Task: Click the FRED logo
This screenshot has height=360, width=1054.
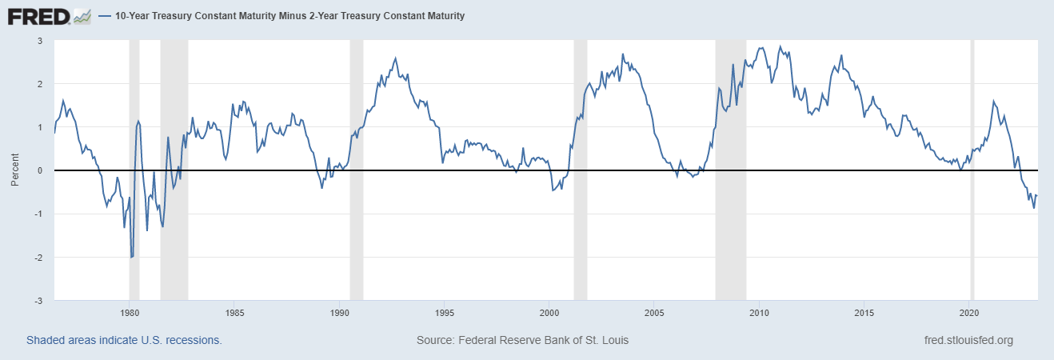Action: click(38, 15)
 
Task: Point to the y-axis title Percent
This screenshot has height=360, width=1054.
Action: click(15, 170)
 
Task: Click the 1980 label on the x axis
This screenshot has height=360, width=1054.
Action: click(130, 312)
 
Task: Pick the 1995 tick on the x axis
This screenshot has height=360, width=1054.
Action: click(445, 312)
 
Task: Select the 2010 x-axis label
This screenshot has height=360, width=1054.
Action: click(760, 312)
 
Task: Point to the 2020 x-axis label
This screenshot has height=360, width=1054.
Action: click(969, 312)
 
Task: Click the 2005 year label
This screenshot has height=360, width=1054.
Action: click(654, 312)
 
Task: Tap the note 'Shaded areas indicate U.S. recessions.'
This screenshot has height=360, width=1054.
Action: click(124, 340)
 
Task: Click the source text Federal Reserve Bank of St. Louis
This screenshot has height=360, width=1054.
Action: click(522, 340)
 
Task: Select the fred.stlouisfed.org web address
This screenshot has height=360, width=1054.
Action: click(968, 340)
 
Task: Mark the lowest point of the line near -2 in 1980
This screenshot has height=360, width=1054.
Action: click(131, 258)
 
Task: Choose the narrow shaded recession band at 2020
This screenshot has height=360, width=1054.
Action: click(972, 240)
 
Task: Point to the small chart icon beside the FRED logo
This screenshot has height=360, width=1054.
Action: click(82, 15)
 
